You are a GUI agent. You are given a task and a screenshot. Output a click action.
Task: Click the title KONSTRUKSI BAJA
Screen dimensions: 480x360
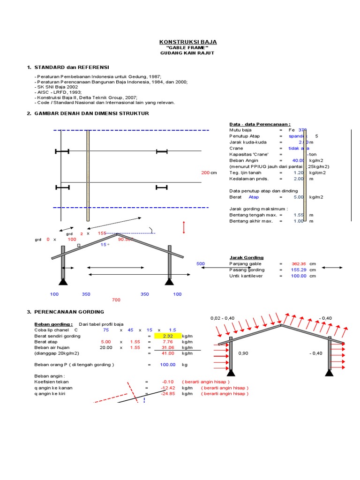pyautogui.click(x=187, y=42)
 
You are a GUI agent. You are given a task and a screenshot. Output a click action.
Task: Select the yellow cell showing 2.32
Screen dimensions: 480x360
pyautogui.click(x=167, y=336)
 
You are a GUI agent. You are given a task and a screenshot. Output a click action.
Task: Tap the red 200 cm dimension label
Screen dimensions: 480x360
pyautogui.click(x=205, y=173)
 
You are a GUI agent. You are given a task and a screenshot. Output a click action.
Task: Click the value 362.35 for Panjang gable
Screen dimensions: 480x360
pyautogui.click(x=299, y=264)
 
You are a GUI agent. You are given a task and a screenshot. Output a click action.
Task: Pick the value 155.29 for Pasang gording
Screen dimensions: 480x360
pyautogui.click(x=299, y=270)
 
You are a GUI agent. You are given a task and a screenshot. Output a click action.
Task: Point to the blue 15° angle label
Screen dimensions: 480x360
pyautogui.click(x=105, y=245)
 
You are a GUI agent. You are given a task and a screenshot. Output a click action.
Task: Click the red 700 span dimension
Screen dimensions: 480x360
pyautogui.click(x=116, y=300)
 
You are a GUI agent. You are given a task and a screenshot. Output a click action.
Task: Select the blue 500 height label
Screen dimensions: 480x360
pyautogui.click(x=201, y=264)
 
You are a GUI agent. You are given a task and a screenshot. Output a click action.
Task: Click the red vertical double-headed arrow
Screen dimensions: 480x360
pyautogui.click(x=184, y=227)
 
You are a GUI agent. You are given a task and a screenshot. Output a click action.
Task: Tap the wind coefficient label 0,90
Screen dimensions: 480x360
pyautogui.click(x=243, y=353)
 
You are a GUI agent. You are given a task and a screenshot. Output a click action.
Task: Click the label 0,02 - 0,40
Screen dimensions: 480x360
pyautogui.click(x=222, y=318)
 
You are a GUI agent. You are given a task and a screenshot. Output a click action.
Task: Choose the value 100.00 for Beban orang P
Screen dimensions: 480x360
pyautogui.click(x=167, y=364)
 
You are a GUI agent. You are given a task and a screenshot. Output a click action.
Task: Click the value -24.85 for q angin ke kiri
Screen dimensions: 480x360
pyautogui.click(x=167, y=394)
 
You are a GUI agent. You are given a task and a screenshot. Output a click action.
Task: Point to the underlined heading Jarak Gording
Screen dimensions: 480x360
pyautogui.click(x=246, y=257)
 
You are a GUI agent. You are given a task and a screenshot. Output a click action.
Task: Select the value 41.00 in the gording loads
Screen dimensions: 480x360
pyautogui.click(x=167, y=353)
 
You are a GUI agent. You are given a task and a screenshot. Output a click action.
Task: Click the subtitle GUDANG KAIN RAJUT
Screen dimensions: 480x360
pyautogui.click(x=187, y=53)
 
